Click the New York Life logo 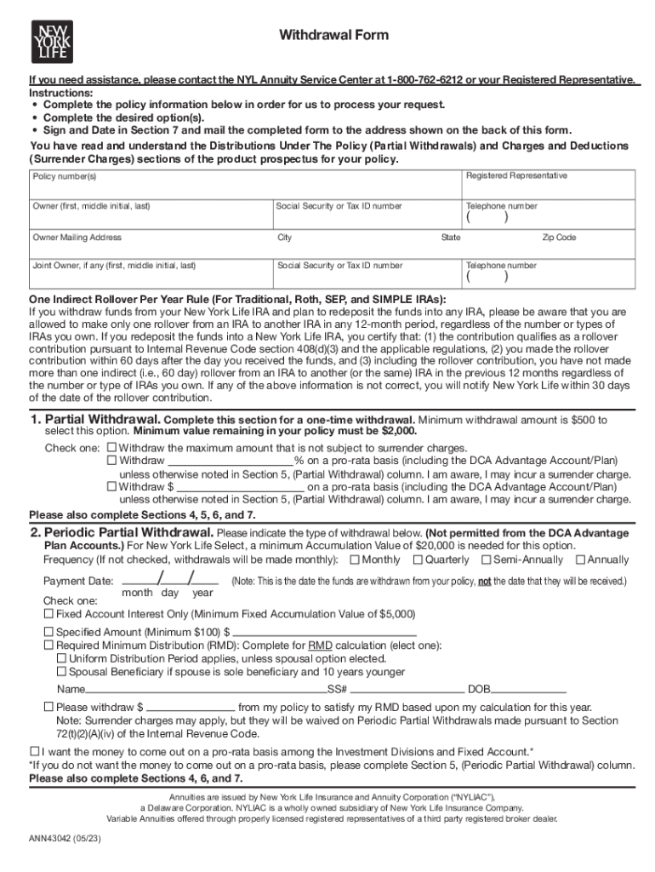[51, 37]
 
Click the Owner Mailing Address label [77, 238]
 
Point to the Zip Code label [559, 238]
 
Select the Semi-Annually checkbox [486, 559]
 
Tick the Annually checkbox [580, 559]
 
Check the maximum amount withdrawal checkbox [111, 447]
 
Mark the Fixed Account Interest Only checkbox [48, 613]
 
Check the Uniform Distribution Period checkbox [61, 658]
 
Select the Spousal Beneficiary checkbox [61, 672]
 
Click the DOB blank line [529, 689]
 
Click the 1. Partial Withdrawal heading [94, 420]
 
